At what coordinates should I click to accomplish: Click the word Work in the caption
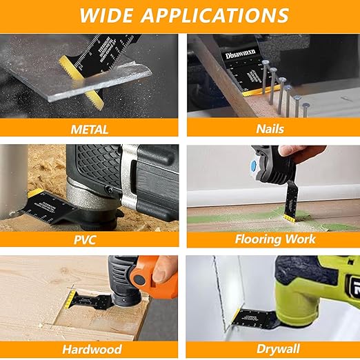pyautogui.click(x=302, y=239)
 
